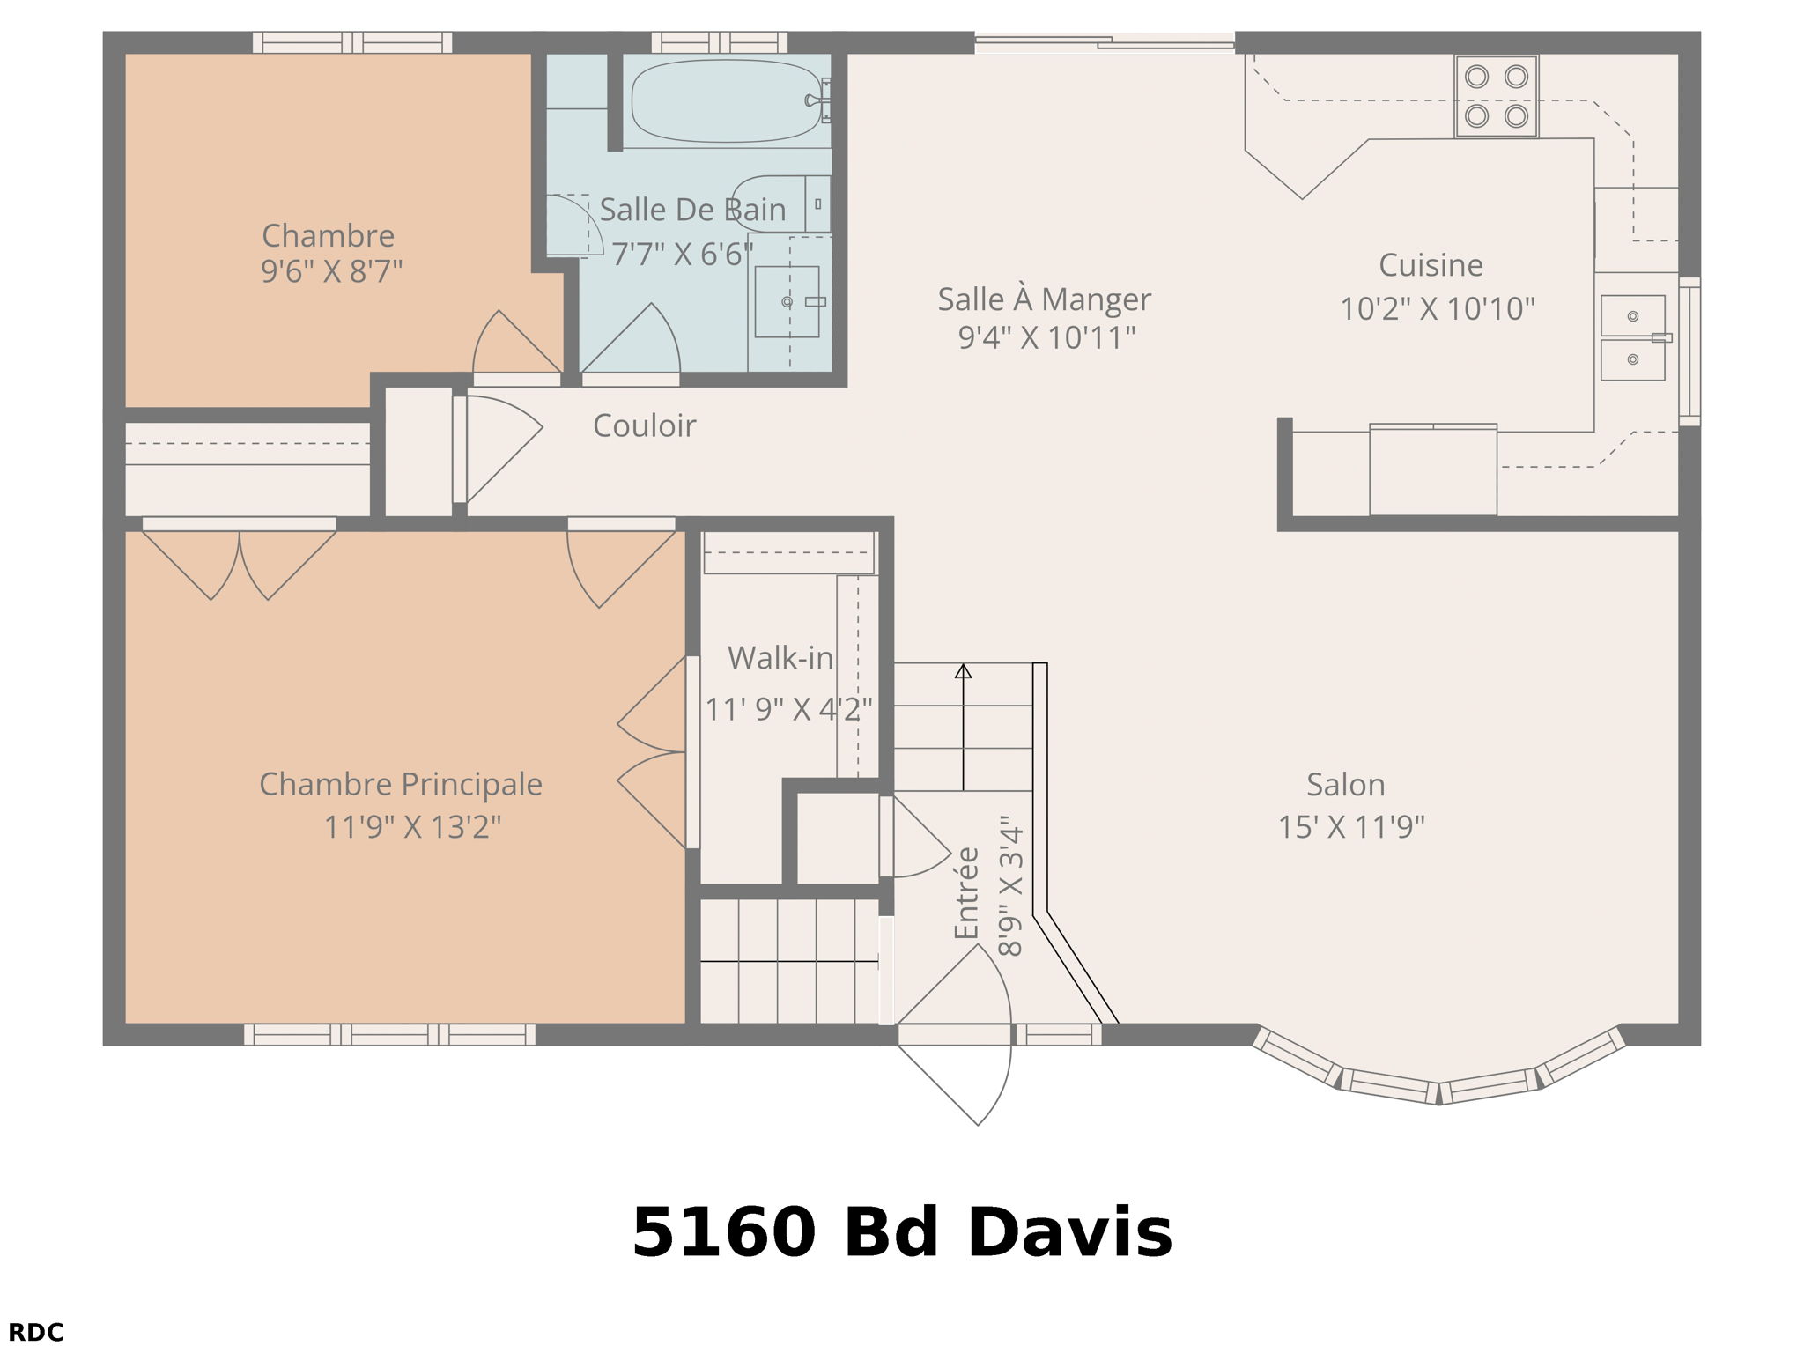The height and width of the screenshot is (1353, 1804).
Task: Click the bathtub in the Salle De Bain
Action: [x=726, y=100]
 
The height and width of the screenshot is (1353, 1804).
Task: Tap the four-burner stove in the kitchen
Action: [x=1496, y=96]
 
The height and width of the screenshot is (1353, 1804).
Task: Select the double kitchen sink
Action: [x=1632, y=337]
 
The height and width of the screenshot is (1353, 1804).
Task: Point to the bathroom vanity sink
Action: [x=787, y=302]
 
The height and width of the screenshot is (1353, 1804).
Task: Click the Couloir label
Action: [x=644, y=426]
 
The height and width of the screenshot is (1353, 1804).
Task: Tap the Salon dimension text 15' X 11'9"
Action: [x=1350, y=827]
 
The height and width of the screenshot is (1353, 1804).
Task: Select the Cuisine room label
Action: [x=1430, y=265]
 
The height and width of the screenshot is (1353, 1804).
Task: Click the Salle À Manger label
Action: [x=1043, y=300]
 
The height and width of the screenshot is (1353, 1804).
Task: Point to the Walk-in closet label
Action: [x=780, y=658]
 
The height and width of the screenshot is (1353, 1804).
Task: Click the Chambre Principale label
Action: [x=400, y=784]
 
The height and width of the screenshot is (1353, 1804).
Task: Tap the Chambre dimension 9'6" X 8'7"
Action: [x=331, y=271]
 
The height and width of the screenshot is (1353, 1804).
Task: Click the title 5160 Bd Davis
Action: [x=901, y=1232]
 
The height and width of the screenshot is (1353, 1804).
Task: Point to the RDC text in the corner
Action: [x=36, y=1333]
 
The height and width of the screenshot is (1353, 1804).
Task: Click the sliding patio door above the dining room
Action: [x=1104, y=41]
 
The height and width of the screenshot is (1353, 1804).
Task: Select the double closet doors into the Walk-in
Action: [x=654, y=753]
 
